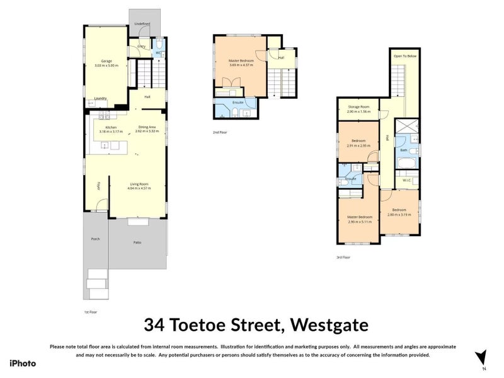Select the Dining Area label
pyautogui.click(x=147, y=127)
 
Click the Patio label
pyautogui.click(x=137, y=243)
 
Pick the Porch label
pyautogui.click(x=95, y=239)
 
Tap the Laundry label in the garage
pyautogui.click(x=100, y=98)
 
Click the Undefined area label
pyautogui.click(x=142, y=23)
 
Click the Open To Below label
pyautogui.click(x=405, y=55)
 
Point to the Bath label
pyautogui.click(x=403, y=150)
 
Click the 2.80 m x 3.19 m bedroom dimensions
pyautogui.click(x=400, y=215)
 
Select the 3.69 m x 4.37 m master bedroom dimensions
pyautogui.click(x=239, y=65)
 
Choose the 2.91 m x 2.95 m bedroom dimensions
pyautogui.click(x=358, y=146)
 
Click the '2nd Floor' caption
pyautogui.click(x=220, y=133)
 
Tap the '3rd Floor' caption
pyautogui.click(x=343, y=257)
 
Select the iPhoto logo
pyautogui.click(x=23, y=363)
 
